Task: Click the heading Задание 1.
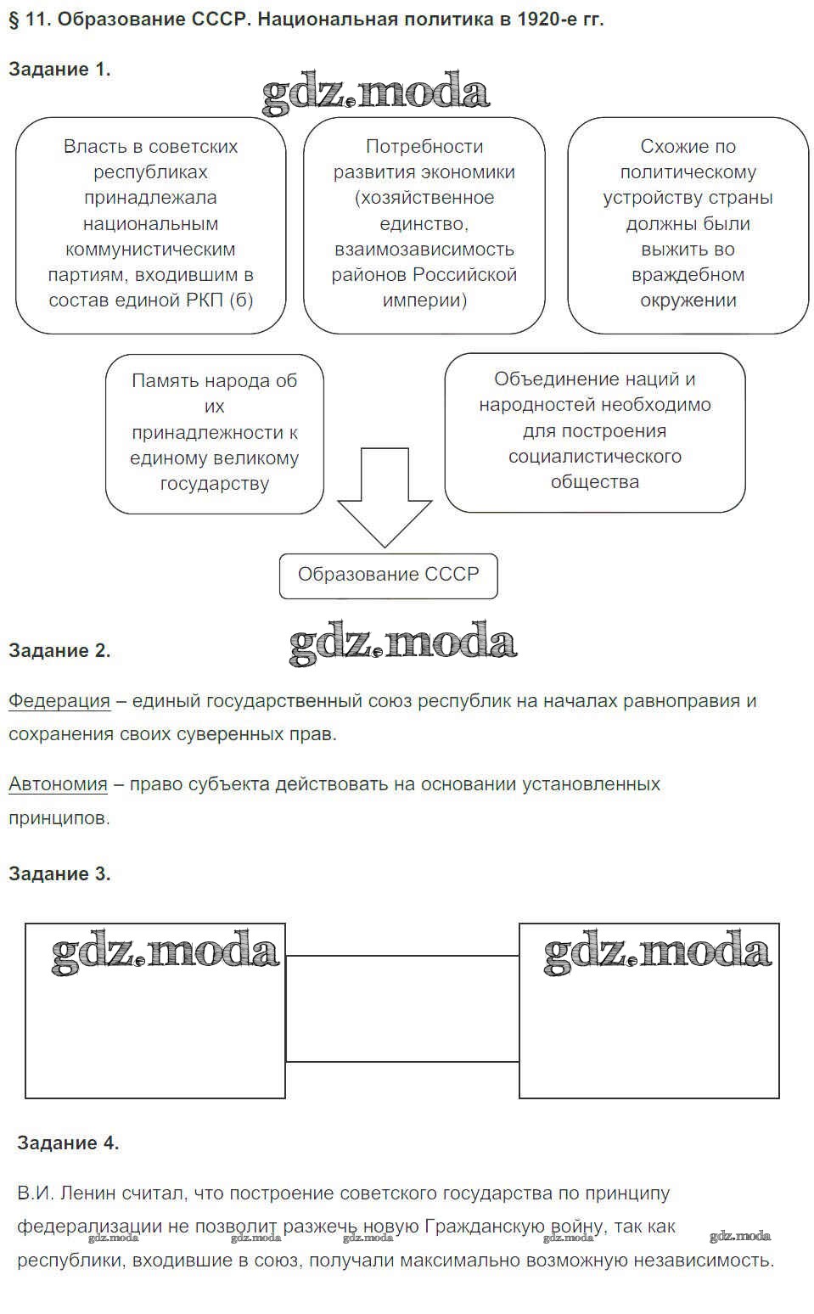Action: pyautogui.click(x=59, y=70)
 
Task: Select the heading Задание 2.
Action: pyautogui.click(x=59, y=651)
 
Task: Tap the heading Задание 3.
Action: pyautogui.click(x=59, y=873)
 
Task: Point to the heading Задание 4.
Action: pyautogui.click(x=68, y=1143)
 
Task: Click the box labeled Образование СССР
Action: pyautogui.click(x=388, y=576)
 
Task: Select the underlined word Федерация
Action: pyautogui.click(x=59, y=701)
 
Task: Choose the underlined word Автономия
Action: pyautogui.click(x=58, y=784)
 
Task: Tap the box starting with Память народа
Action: pyautogui.click(x=214, y=433)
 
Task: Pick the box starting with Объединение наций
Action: pyautogui.click(x=594, y=431)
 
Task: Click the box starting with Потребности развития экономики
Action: pyautogui.click(x=424, y=224)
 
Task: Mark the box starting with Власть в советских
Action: pyautogui.click(x=150, y=224)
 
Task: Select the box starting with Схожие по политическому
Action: pyautogui.click(x=688, y=224)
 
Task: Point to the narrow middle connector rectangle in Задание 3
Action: pyautogui.click(x=401, y=1008)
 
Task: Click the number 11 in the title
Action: pyautogui.click(x=35, y=19)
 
